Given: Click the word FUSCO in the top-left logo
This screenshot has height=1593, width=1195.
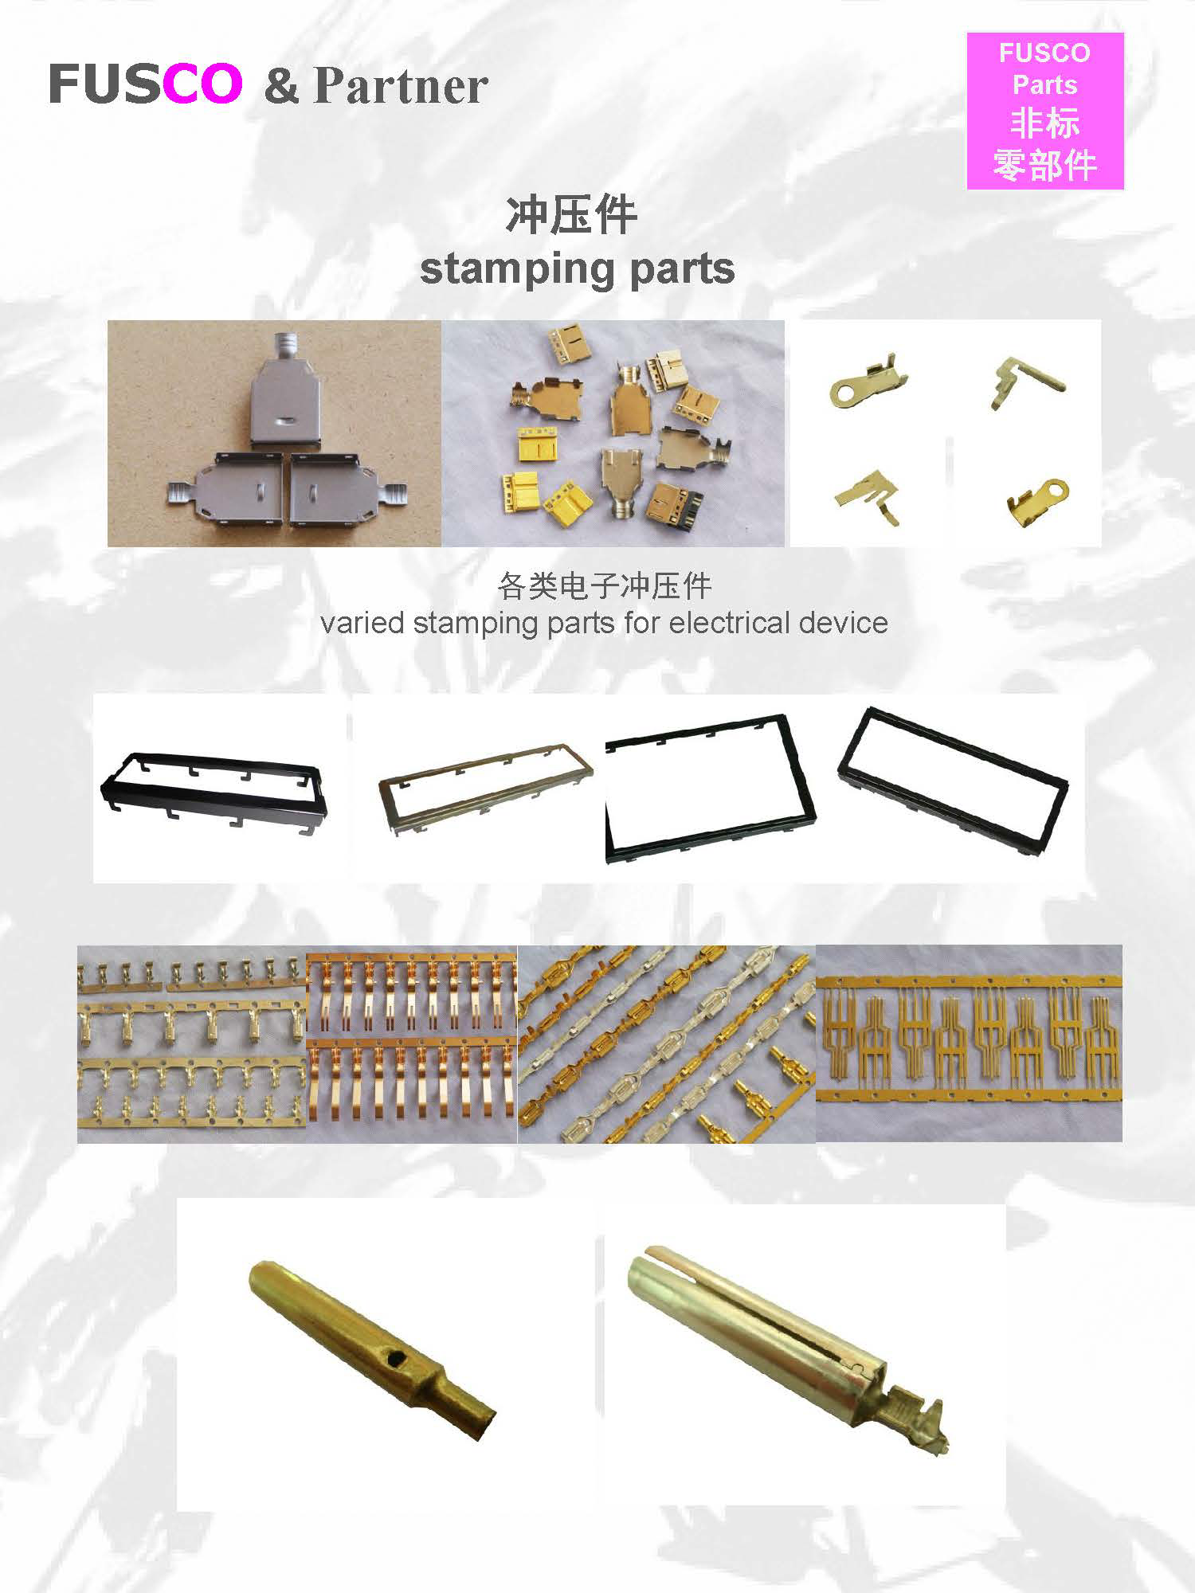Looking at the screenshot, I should (145, 84).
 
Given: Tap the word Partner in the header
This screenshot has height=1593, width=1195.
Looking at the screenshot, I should (401, 86).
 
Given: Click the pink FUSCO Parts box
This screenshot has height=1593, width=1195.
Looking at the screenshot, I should (1044, 111).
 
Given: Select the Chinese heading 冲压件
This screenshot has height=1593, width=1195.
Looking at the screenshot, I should (571, 215).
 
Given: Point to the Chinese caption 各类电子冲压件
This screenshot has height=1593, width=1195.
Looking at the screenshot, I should (604, 586).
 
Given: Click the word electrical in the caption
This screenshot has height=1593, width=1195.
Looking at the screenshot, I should (729, 623).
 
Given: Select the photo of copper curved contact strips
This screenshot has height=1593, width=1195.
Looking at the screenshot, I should (412, 1044).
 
